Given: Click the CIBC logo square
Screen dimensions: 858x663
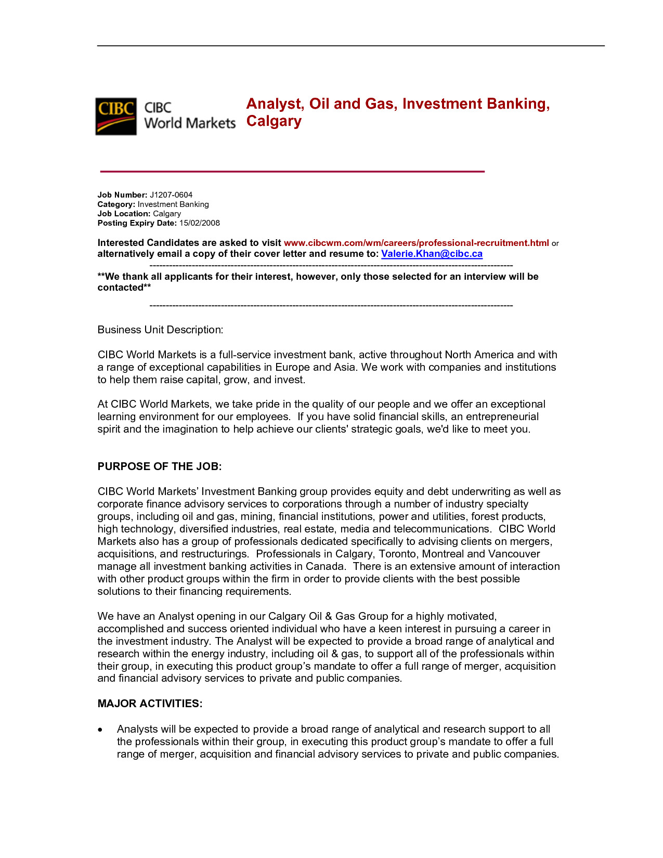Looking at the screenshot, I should [x=116, y=116].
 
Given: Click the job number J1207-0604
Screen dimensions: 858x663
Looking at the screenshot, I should [x=171, y=195].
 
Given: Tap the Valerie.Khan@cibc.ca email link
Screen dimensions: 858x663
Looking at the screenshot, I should [x=432, y=254].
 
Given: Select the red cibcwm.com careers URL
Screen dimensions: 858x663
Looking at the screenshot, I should [x=416, y=243].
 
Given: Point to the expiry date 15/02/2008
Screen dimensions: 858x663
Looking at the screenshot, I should [x=200, y=223].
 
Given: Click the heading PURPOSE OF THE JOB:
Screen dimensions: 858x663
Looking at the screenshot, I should [x=160, y=466].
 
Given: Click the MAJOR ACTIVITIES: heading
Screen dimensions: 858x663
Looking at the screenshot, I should [x=150, y=704].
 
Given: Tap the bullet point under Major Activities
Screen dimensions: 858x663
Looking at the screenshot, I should [x=100, y=730].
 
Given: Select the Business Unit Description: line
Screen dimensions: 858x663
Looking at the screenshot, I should [x=160, y=330].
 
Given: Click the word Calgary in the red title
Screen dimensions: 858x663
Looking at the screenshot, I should [x=274, y=121].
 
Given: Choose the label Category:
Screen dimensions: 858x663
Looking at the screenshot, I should [x=116, y=204].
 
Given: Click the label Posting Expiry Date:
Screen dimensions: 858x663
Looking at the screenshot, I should [x=137, y=223].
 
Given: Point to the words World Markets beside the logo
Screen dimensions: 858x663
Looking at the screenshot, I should [x=190, y=123].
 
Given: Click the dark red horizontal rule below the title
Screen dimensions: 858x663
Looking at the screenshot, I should [x=292, y=171].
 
